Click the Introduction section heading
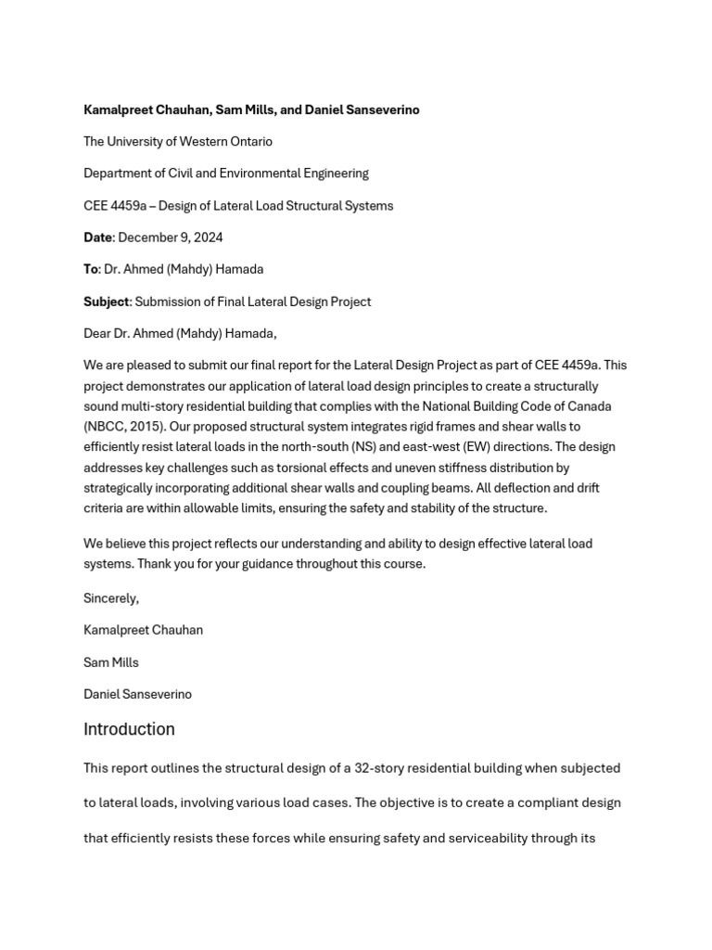[x=129, y=729]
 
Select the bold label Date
[x=97, y=237]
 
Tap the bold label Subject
[x=107, y=302]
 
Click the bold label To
[x=91, y=269]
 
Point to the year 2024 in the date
[x=208, y=237]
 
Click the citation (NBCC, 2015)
[x=121, y=427]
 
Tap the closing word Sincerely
[x=111, y=598]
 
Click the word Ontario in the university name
[x=249, y=142]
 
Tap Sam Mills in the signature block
[x=111, y=662]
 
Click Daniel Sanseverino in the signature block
[x=137, y=694]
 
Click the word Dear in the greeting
[x=98, y=333]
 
